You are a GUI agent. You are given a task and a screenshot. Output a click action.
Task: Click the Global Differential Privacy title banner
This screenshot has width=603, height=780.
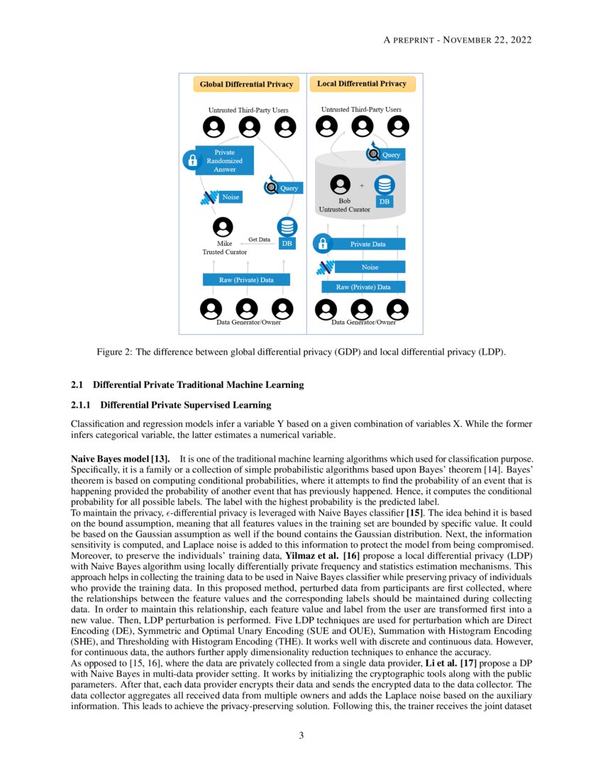click(x=246, y=84)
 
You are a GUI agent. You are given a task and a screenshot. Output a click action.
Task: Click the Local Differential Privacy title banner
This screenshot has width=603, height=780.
click(x=362, y=84)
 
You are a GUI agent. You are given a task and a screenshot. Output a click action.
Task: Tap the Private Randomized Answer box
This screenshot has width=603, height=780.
click(x=224, y=161)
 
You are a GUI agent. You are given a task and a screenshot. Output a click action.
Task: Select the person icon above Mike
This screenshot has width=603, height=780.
click(x=223, y=227)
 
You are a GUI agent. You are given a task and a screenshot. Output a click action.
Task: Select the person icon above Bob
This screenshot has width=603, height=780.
click(x=343, y=184)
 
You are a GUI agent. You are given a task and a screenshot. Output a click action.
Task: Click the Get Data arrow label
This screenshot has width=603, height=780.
click(x=259, y=240)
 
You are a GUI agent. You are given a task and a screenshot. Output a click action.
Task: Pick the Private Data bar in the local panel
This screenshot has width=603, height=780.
click(x=368, y=244)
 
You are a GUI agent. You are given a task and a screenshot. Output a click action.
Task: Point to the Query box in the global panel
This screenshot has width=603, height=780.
click(x=289, y=188)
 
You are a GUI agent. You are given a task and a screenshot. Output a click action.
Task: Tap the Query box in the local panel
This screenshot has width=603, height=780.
click(x=391, y=155)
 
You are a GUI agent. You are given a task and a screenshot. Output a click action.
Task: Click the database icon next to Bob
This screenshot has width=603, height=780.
click(x=385, y=185)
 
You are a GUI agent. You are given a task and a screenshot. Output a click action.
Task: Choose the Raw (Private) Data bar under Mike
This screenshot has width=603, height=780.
click(x=247, y=280)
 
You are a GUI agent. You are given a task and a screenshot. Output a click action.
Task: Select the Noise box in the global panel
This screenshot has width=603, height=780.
click(x=231, y=197)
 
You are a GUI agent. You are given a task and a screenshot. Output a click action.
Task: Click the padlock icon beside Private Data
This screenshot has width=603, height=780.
click(x=323, y=244)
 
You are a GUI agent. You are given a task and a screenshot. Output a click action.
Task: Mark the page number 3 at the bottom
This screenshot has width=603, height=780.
click(x=301, y=735)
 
